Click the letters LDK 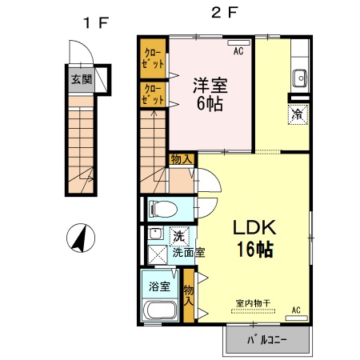click(x=254, y=227)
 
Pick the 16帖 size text click(x=254, y=249)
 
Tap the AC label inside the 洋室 click(x=238, y=51)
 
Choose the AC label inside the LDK click(x=295, y=310)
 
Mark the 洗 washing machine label click(x=179, y=236)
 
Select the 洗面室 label click(x=189, y=252)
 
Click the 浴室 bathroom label click(x=159, y=286)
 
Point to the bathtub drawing click(x=161, y=313)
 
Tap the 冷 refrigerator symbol click(x=296, y=114)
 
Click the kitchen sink click(x=300, y=78)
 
